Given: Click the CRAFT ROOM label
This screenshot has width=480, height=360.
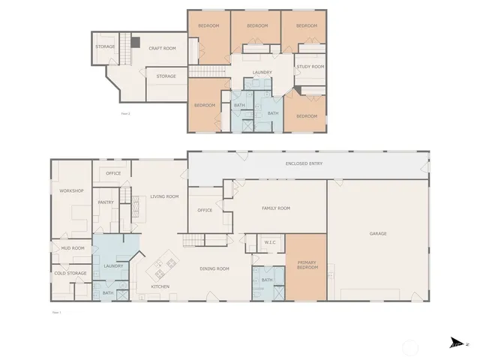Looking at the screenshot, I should pyautogui.click(x=162, y=48).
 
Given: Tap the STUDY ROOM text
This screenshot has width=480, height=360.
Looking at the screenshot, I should pyautogui.click(x=310, y=67).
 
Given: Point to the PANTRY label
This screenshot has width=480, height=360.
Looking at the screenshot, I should pyautogui.click(x=105, y=202).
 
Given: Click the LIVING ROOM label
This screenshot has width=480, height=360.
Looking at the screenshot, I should pyautogui.click(x=164, y=196).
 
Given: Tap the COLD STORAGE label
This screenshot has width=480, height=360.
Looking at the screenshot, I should pyautogui.click(x=71, y=273).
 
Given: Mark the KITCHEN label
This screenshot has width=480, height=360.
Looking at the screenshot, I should pyautogui.click(x=160, y=286).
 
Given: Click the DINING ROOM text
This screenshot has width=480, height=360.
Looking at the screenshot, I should pyautogui.click(x=214, y=268).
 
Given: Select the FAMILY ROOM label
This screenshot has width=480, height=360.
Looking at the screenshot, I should pyautogui.click(x=275, y=208).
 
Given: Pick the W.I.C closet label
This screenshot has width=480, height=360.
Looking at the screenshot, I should pyautogui.click(x=271, y=242).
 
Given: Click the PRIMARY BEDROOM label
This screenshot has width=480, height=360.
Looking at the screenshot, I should pyautogui.click(x=307, y=265).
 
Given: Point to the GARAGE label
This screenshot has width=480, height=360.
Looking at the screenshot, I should pyautogui.click(x=378, y=233).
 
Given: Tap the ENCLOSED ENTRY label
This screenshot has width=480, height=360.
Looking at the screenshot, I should pyautogui.click(x=304, y=163).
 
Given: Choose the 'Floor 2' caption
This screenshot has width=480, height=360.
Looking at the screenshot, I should pyautogui.click(x=126, y=113).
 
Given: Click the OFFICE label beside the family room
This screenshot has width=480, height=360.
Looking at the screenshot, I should pyautogui.click(x=205, y=210).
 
